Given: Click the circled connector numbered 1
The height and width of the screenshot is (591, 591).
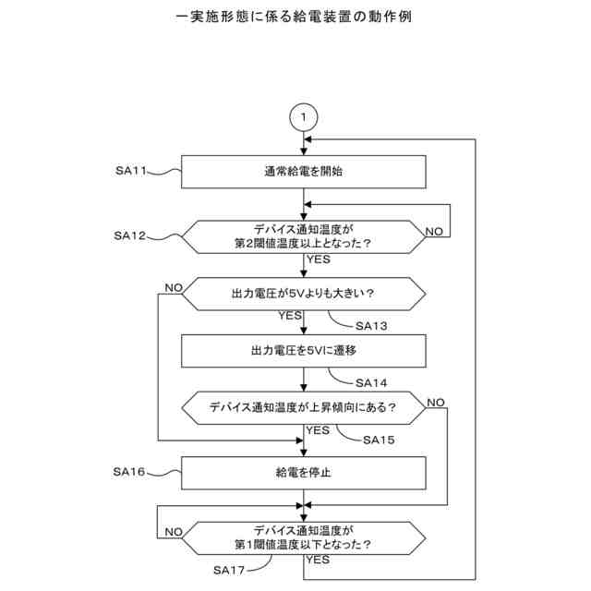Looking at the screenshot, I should coord(304,117).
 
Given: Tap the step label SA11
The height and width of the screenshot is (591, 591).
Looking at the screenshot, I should coord(131,171).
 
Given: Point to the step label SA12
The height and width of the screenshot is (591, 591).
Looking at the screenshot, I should coord(131,236).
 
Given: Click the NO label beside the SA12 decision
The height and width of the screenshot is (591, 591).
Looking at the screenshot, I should coord(433,230).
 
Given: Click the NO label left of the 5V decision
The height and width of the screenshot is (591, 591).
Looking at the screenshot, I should coord(174,288).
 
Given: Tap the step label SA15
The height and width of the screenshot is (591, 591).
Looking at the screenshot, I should coord(379,440).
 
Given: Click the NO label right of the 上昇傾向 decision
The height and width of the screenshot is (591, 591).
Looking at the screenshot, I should coord(436,402).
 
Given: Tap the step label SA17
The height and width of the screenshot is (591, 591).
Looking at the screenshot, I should coord(229,570).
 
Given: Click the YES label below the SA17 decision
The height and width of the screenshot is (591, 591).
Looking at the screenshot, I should coord(319,561).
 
